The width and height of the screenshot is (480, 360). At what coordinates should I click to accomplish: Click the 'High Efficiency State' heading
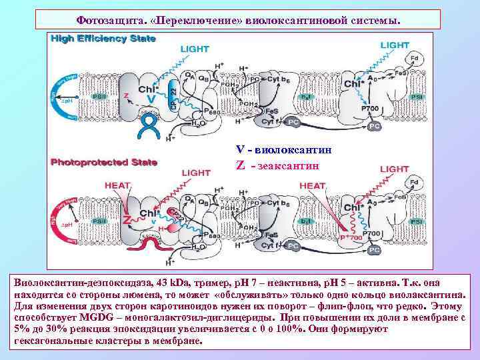click(x=104, y=39)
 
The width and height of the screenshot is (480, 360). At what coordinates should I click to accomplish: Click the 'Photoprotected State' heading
click(x=104, y=161)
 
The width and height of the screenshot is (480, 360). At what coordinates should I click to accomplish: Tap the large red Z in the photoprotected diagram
click(x=126, y=221)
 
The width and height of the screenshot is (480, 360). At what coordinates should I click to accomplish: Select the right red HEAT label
click(x=313, y=185)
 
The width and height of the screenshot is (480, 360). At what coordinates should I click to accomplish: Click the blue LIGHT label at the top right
click(x=394, y=45)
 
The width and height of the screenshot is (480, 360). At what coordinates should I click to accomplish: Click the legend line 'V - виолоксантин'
click(x=283, y=150)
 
